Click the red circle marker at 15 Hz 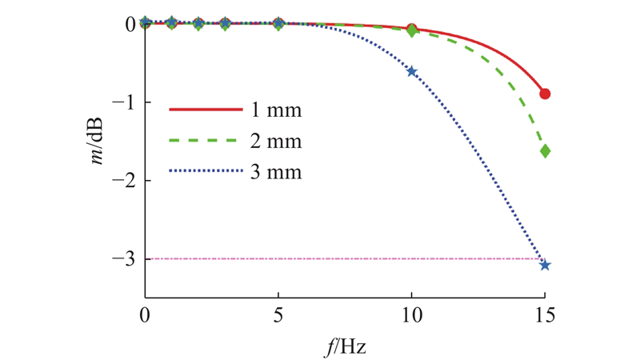[x=545, y=94]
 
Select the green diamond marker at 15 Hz [x=545, y=151]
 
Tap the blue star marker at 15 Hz [x=545, y=266]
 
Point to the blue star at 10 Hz [x=411, y=72]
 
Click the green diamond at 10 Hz [x=412, y=30]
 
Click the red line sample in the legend [x=206, y=110]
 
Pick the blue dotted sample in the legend [x=206, y=171]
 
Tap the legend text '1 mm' [x=276, y=110]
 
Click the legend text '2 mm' [x=276, y=141]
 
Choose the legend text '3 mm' [x=276, y=171]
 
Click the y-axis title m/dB [x=97, y=142]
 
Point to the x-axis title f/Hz [x=346, y=347]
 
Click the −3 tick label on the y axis [x=124, y=258]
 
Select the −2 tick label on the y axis [x=124, y=181]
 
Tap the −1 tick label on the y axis [x=124, y=102]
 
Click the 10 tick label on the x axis [x=411, y=315]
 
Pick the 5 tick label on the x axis [x=278, y=315]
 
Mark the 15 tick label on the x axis [x=545, y=315]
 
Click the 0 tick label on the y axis [x=130, y=25]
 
